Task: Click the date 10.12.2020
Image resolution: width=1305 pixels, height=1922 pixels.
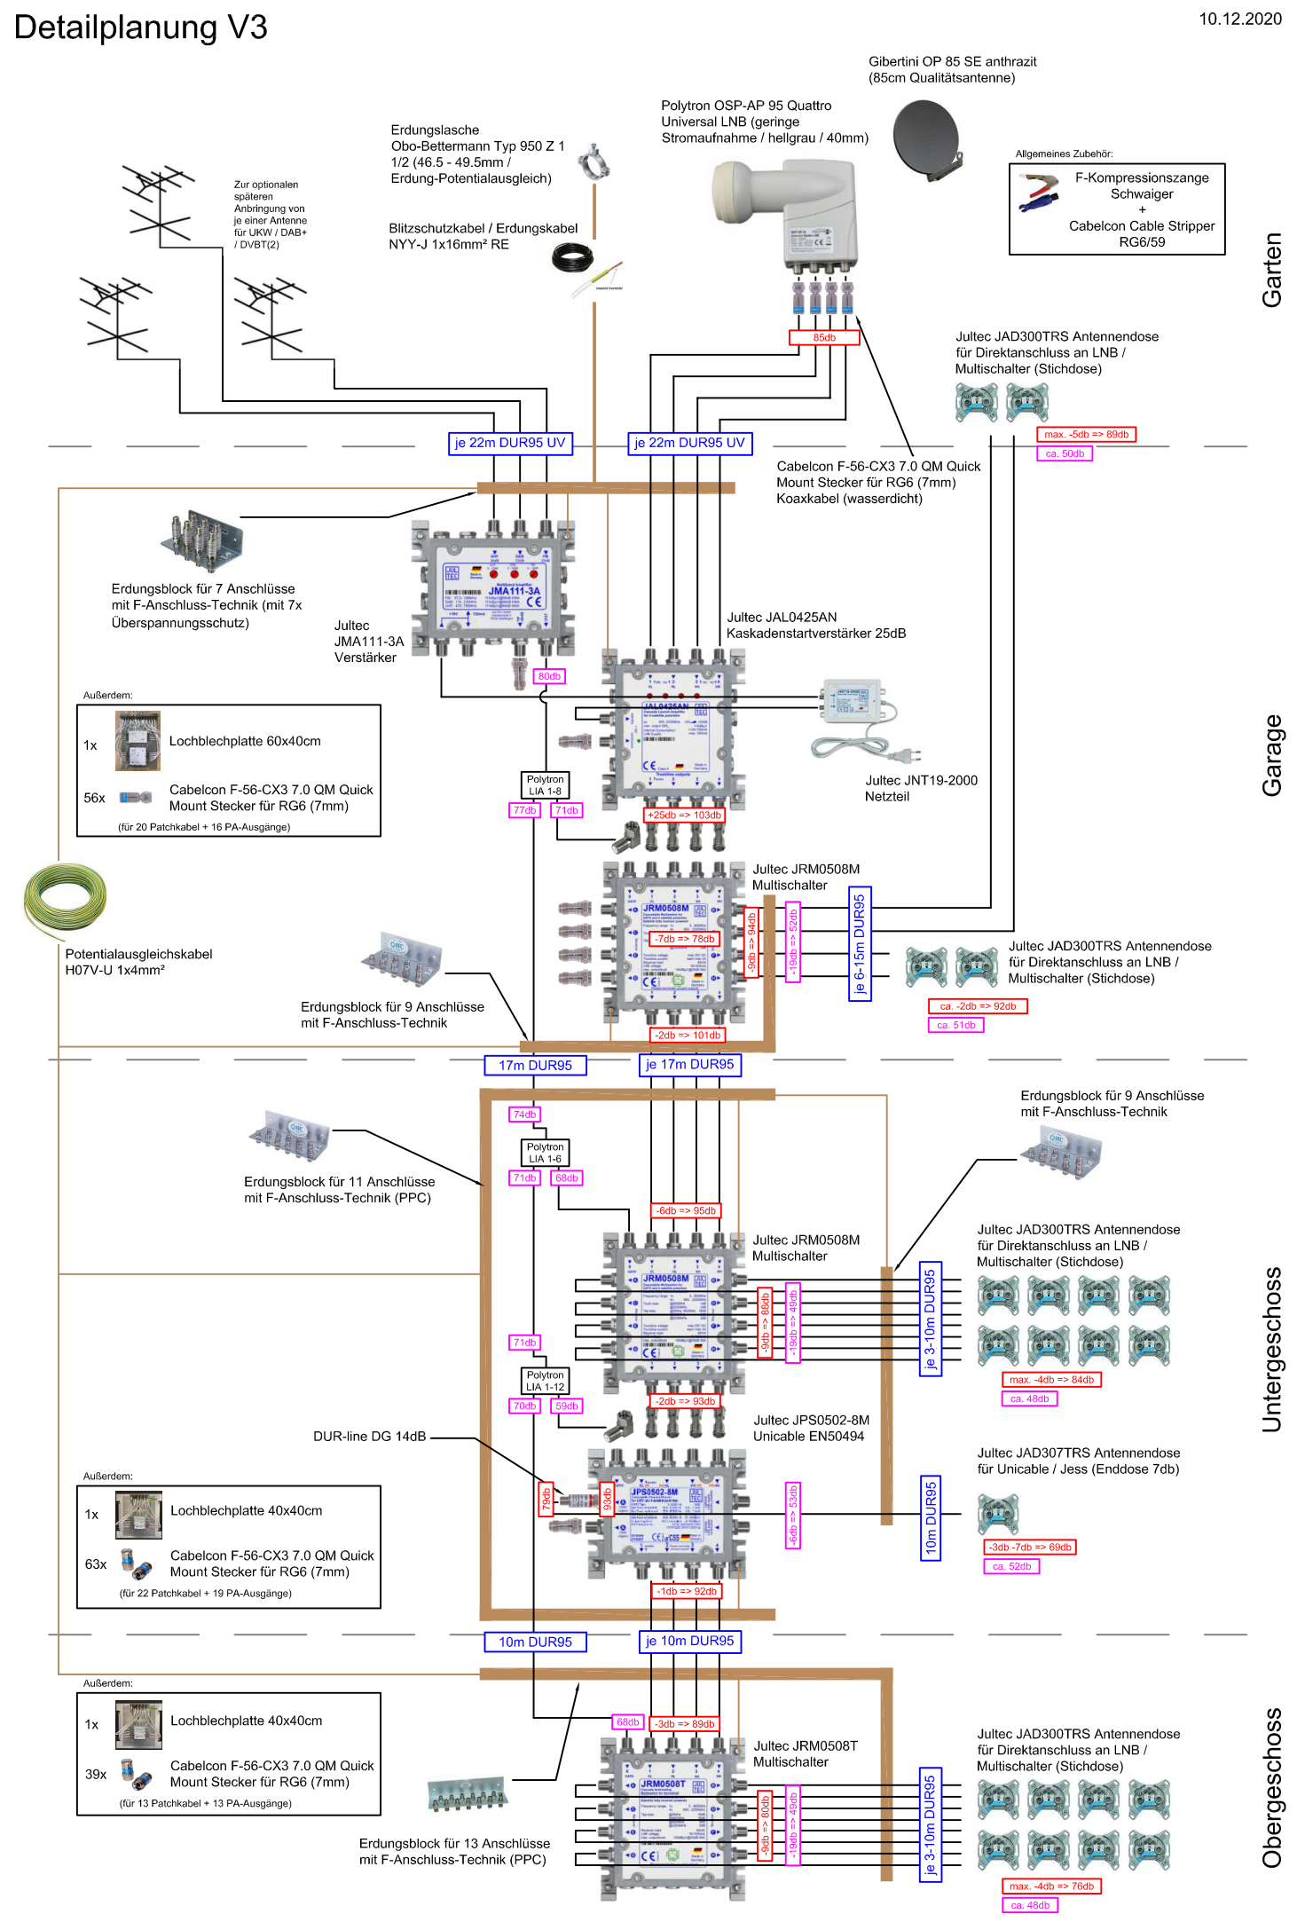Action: click(x=1239, y=19)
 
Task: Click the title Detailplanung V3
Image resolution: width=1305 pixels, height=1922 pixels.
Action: click(x=140, y=28)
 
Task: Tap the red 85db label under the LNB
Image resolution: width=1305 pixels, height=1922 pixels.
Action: click(x=824, y=337)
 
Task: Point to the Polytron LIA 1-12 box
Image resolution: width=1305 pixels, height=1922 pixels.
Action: click(x=545, y=1381)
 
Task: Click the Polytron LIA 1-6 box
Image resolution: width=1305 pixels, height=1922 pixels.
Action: click(x=545, y=1153)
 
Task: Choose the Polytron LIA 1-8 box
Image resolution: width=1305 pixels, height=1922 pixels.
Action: click(x=545, y=785)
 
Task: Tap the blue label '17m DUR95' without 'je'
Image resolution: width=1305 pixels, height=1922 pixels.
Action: click(x=535, y=1065)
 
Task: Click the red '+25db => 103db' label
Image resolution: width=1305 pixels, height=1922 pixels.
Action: click(x=684, y=815)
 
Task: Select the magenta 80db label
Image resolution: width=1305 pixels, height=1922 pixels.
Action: click(x=549, y=676)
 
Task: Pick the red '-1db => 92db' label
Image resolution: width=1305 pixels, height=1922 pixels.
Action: click(x=687, y=1591)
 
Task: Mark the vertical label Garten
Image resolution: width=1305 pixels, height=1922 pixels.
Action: click(x=1271, y=270)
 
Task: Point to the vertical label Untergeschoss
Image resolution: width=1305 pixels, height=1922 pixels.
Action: click(x=1271, y=1349)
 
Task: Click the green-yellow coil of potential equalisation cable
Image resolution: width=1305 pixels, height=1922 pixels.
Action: click(x=65, y=898)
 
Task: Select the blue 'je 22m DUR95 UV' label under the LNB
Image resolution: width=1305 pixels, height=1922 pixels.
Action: click(x=689, y=443)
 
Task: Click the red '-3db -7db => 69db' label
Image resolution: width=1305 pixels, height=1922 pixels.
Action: click(x=1030, y=1547)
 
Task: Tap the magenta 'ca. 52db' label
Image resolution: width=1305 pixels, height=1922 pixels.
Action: click(x=1011, y=1566)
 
